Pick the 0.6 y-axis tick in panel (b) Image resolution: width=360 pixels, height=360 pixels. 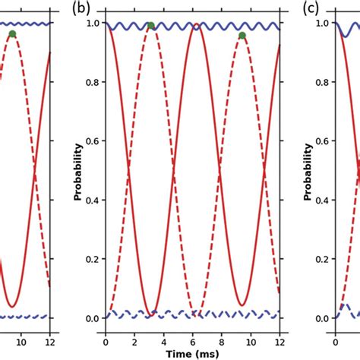tap(95, 141)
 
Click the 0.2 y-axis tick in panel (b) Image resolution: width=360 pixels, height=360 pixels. tap(95, 259)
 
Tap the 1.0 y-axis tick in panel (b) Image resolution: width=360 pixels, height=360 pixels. tap(95, 24)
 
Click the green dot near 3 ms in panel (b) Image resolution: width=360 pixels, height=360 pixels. tap(150, 26)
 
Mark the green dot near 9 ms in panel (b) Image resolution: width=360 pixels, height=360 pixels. tap(242, 36)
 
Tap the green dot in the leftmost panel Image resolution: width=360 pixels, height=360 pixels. tap(12, 34)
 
